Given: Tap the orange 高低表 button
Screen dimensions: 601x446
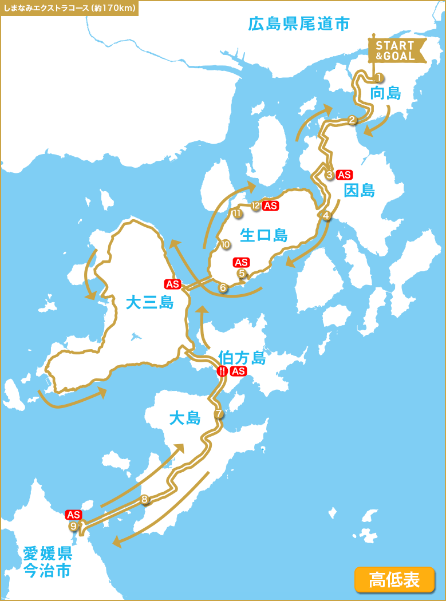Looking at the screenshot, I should [394, 579].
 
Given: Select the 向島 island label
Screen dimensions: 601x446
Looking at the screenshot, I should [385, 93].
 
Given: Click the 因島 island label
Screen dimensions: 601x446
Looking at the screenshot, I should [360, 191].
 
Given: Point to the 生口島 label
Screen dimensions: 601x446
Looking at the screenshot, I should [263, 235].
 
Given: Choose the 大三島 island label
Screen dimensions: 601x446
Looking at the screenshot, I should [149, 302].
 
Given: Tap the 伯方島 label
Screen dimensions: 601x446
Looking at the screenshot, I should [242, 358].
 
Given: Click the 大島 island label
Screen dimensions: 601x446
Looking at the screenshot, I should [185, 418].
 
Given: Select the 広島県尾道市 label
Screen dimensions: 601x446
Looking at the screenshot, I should [298, 24].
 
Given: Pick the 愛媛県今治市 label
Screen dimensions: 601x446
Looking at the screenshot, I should [48, 562].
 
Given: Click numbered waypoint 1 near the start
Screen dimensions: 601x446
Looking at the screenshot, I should [378, 77].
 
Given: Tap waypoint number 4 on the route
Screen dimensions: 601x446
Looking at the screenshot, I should [326, 216].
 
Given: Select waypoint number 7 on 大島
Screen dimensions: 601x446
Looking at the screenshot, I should [218, 414].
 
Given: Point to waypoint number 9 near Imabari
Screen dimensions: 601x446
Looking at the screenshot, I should [73, 527].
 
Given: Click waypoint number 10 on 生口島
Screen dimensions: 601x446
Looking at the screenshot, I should [226, 244].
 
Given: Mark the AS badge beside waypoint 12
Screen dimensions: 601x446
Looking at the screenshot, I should [271, 206].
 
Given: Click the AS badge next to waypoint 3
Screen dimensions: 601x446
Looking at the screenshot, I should [345, 175].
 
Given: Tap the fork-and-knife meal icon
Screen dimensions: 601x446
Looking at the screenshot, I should [222, 371].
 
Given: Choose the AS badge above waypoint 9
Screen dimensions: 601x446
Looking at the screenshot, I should [74, 515].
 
